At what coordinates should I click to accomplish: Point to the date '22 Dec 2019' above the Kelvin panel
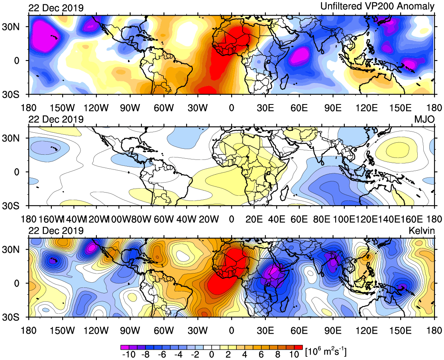pyautogui.click(x=55, y=231)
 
